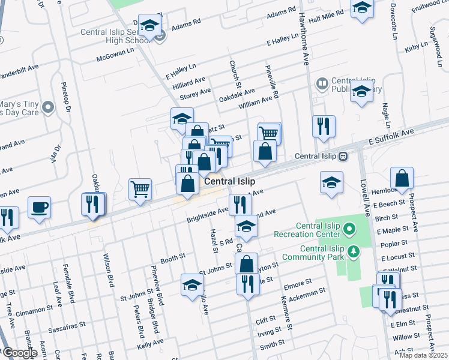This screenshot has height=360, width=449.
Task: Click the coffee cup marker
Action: (x=39, y=207)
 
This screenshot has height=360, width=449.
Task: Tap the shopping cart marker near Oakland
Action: (x=140, y=190)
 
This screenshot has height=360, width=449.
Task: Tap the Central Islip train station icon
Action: (x=343, y=156)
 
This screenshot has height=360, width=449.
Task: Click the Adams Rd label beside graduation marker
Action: (x=185, y=28)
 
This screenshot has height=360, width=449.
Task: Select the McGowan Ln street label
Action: (x=115, y=59)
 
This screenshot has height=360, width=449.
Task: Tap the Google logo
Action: (x=19, y=353)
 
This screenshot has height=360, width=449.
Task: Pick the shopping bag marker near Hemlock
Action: (x=402, y=178)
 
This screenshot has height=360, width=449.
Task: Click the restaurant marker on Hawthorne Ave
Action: (x=323, y=127)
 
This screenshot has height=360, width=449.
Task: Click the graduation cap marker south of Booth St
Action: (x=192, y=284)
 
